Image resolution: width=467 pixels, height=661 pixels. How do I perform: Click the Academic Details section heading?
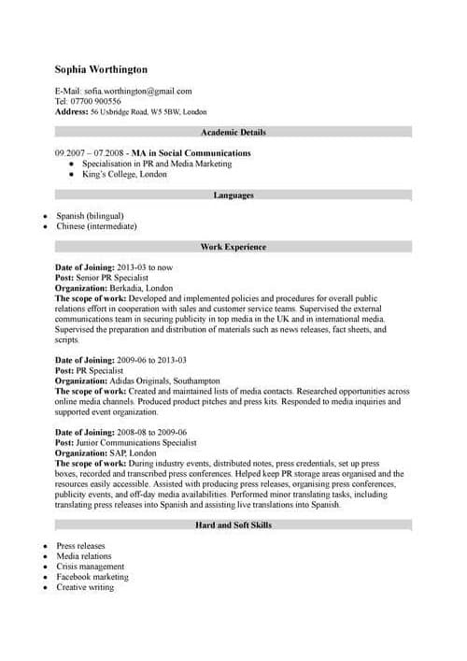pyautogui.click(x=233, y=133)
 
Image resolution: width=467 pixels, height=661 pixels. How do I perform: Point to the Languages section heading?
pyautogui.click(x=233, y=195)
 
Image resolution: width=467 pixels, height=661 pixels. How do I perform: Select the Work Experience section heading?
pyautogui.click(x=233, y=247)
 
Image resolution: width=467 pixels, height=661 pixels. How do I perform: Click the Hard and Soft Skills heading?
pyautogui.click(x=233, y=525)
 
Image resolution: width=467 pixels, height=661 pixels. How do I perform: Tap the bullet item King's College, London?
pyautogui.click(x=124, y=174)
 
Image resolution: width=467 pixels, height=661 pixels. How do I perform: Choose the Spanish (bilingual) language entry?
pyautogui.click(x=90, y=216)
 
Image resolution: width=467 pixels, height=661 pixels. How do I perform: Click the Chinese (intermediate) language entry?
pyautogui.click(x=96, y=226)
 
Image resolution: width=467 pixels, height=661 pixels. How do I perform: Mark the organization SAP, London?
pyautogui.click(x=133, y=453)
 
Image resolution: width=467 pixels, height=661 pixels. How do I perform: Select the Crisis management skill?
pyautogui.click(x=90, y=567)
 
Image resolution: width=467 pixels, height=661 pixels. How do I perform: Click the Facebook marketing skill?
pyautogui.click(x=92, y=577)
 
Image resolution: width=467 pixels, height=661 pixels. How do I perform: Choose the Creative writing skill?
pyautogui.click(x=85, y=587)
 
